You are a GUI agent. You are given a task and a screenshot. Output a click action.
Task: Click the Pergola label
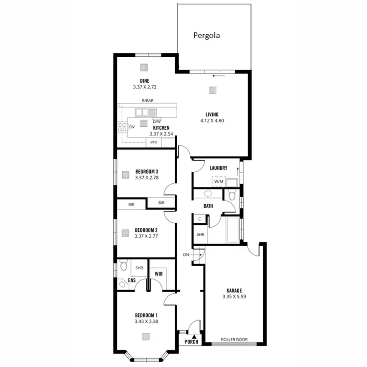click(x=206, y=35)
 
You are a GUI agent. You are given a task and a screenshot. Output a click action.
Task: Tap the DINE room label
click(x=144, y=81)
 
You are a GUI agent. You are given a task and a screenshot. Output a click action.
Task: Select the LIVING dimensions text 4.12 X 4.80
click(x=212, y=120)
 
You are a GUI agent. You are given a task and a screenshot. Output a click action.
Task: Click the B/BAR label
click(x=147, y=100)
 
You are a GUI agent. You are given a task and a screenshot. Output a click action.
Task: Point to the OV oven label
click(x=132, y=127)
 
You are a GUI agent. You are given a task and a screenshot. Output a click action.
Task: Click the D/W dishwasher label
click(x=157, y=121)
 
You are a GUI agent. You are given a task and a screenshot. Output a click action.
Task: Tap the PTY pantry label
click(x=154, y=143)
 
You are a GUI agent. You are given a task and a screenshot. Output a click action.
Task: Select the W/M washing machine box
click(x=218, y=182)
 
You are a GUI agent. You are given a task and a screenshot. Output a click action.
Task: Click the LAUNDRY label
click(x=218, y=168)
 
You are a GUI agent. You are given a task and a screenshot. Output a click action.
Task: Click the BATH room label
click(x=208, y=206)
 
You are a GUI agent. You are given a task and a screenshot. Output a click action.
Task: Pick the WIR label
click(x=159, y=275)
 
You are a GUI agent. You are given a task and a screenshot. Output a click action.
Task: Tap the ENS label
click(x=132, y=280)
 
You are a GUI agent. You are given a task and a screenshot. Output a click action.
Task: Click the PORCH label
click(x=191, y=342)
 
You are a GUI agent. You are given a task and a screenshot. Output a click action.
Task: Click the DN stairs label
click(x=186, y=255)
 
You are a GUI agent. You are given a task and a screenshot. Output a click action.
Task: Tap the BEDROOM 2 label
click(x=146, y=230)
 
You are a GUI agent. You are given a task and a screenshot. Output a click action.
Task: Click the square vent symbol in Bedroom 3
click(x=125, y=174)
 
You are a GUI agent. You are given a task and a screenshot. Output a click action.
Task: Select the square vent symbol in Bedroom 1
click(x=146, y=336)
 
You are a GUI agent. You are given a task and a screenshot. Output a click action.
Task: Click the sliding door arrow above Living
click(x=219, y=76)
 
